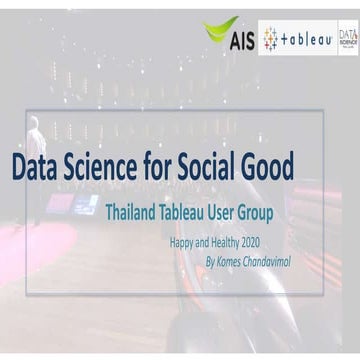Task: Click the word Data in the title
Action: click(37, 166)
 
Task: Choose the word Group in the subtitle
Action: click(270, 212)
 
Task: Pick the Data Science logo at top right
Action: click(347, 39)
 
